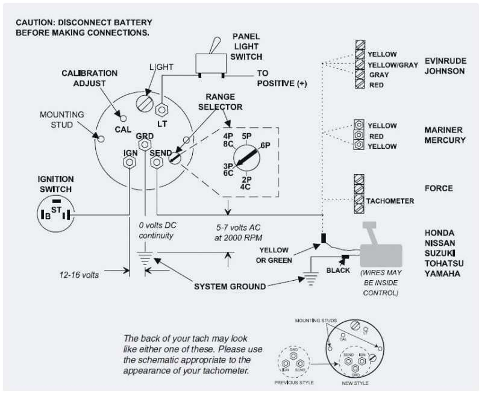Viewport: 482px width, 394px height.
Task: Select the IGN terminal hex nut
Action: point(128,164)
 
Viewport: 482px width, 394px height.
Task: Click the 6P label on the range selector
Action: point(265,146)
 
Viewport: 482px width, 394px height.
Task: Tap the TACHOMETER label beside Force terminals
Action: point(390,201)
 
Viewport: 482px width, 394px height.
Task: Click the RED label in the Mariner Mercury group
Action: point(376,136)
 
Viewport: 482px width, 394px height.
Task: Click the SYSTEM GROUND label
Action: point(230,286)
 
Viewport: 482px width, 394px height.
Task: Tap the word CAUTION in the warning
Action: point(36,22)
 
